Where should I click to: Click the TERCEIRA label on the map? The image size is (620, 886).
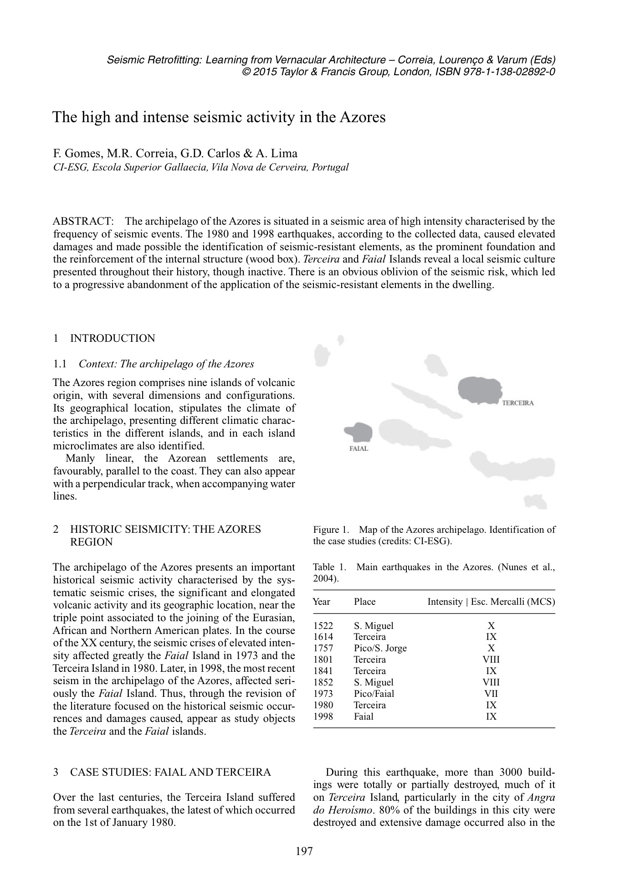518,403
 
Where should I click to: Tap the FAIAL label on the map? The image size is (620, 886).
359,448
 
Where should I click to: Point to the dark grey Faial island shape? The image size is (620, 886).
359,432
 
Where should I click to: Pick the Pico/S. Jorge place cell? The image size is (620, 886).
380,649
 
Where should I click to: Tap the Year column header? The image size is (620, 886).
322,602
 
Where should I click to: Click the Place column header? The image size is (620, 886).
364,602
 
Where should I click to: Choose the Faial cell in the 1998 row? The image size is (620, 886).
363,716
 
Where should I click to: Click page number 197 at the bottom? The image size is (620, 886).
304,851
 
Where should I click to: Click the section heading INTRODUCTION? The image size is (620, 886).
112,338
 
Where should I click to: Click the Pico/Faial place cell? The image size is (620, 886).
374,694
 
